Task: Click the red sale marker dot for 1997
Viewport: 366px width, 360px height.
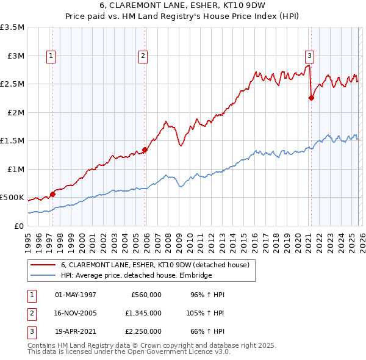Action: click(52, 194)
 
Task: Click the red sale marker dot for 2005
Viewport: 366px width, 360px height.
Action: click(145, 149)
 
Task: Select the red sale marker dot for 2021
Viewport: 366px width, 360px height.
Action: click(311, 98)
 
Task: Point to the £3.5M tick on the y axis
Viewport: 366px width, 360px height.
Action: click(12, 27)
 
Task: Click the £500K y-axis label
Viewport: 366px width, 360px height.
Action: click(12, 198)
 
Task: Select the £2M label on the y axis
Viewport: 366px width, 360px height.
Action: click(15, 112)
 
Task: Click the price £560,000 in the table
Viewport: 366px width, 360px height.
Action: click(146, 295)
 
